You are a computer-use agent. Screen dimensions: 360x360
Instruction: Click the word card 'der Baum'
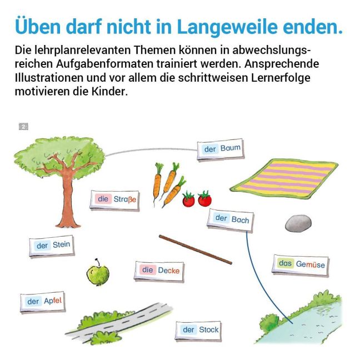[x=221, y=149]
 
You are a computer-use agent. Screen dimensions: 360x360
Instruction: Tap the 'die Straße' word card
[x=114, y=200]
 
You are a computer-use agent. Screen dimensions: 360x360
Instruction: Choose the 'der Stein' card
[x=52, y=246]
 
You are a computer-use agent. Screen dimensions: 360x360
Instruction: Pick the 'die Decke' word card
[x=159, y=271]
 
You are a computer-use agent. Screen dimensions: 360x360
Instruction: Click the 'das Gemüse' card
[x=301, y=265]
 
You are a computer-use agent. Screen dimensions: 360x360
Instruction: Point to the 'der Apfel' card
[x=43, y=302]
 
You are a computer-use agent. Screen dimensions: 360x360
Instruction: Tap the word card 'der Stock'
[x=198, y=331]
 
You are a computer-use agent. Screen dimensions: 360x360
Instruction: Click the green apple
[x=98, y=273]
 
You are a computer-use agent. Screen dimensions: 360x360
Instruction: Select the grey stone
[x=298, y=223]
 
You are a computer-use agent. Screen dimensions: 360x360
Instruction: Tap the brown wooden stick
[x=196, y=249]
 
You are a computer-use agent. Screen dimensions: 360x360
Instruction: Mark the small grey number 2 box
[x=23, y=127]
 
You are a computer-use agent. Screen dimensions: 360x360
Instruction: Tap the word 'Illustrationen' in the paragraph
[x=49, y=78]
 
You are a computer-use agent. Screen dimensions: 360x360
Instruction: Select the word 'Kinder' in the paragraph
[x=109, y=91]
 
